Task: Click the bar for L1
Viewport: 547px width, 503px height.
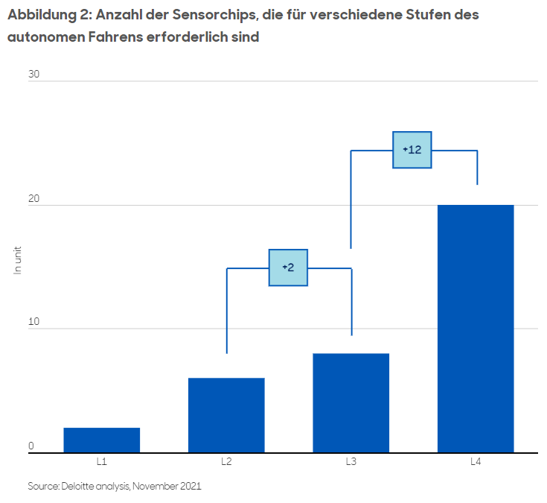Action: pyautogui.click(x=101, y=440)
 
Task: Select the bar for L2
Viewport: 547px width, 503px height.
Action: pyautogui.click(x=226, y=415)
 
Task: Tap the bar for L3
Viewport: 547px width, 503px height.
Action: pyautogui.click(x=351, y=402)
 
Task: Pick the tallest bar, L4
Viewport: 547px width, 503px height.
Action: pyautogui.click(x=476, y=329)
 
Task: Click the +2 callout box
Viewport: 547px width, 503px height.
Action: pyautogui.click(x=288, y=268)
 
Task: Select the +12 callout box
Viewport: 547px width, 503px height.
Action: pyautogui.click(x=412, y=150)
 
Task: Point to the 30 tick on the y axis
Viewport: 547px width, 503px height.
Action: pyautogui.click(x=33, y=75)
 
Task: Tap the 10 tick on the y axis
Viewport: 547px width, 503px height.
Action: pyautogui.click(x=33, y=322)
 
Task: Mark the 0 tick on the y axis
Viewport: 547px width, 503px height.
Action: pyautogui.click(x=31, y=446)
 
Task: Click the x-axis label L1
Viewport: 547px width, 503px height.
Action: pyautogui.click(x=101, y=462)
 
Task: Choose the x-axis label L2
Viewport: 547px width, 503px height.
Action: pyautogui.click(x=226, y=462)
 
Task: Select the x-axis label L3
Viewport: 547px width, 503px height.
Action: pyautogui.click(x=351, y=462)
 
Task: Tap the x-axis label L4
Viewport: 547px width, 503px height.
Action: pyautogui.click(x=476, y=462)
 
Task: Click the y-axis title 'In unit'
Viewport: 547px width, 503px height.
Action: pyautogui.click(x=18, y=259)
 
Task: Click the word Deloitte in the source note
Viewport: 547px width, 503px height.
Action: pyautogui.click(x=86, y=486)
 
